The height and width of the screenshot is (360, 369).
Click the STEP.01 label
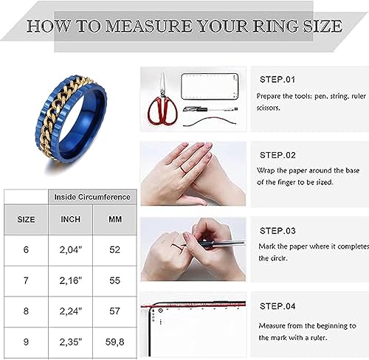[x=277, y=78]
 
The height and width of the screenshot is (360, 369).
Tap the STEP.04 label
[x=277, y=306]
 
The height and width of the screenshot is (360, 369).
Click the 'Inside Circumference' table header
[x=93, y=197]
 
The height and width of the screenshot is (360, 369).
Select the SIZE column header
[x=26, y=219]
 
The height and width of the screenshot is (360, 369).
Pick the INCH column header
[x=71, y=219]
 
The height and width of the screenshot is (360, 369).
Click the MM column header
[x=114, y=219]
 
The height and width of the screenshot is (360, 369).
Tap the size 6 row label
[x=26, y=250]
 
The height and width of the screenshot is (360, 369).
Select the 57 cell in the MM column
[x=114, y=311]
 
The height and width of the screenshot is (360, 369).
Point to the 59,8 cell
[x=114, y=342]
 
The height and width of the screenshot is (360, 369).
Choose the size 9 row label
[x=26, y=342]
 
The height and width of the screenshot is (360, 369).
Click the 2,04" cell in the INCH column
[x=71, y=250]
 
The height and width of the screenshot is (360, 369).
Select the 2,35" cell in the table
[x=71, y=342]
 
